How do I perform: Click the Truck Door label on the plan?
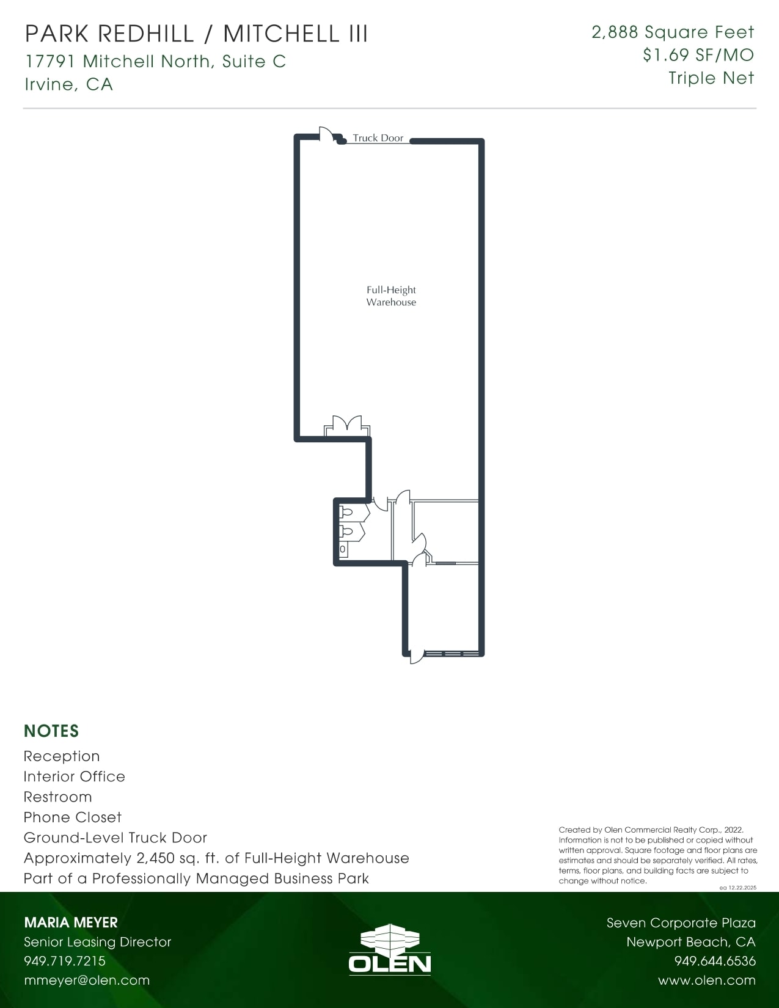click(378, 138)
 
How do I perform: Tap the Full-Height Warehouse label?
click(391, 296)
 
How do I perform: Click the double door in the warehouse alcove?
click(347, 425)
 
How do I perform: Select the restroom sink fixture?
click(342, 549)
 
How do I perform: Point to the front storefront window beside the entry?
click(452, 654)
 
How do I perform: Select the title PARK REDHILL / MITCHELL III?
click(196, 34)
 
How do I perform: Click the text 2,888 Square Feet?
click(672, 32)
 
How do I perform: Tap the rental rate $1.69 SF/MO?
click(698, 55)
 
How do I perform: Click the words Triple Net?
click(711, 78)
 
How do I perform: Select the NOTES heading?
click(51, 731)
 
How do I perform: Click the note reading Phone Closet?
click(72, 817)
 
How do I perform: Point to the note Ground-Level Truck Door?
click(115, 838)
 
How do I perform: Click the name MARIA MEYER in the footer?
click(71, 922)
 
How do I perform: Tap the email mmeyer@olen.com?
click(86, 981)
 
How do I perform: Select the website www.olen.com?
click(706, 981)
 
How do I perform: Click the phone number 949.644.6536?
click(714, 961)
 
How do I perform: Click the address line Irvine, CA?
click(68, 84)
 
